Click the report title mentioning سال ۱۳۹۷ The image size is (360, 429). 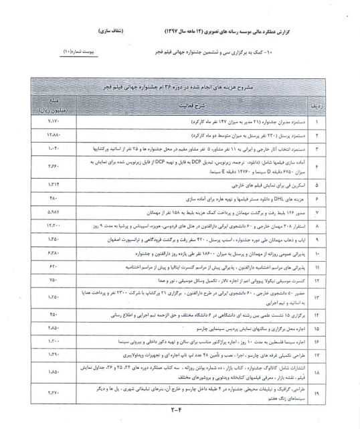(x=238, y=31)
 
